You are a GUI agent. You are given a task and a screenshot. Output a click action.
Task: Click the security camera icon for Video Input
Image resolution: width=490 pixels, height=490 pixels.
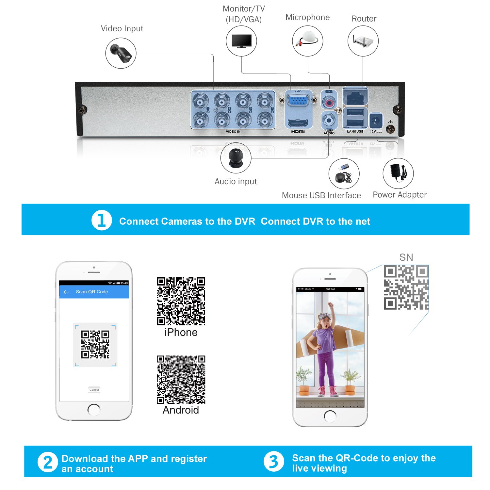coord(121,53)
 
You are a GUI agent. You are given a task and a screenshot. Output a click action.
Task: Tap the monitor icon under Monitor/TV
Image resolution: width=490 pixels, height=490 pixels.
coord(241,41)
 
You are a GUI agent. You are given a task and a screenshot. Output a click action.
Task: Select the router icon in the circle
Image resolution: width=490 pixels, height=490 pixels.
coord(363,41)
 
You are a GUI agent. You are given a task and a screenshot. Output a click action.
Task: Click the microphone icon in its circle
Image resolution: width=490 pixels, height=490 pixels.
coord(307,41)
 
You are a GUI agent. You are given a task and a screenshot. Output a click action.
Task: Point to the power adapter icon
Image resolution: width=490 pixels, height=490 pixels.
coord(398,173)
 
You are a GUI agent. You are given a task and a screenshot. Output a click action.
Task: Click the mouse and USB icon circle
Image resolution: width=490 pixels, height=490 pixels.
coord(344,174)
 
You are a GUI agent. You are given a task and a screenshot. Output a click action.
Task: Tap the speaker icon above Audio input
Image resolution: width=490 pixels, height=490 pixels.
coord(236,158)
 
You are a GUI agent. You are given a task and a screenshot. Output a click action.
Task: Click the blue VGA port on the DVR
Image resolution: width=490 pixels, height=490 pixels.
coord(298,100)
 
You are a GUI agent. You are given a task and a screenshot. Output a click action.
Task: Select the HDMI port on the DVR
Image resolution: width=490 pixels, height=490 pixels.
coord(298,123)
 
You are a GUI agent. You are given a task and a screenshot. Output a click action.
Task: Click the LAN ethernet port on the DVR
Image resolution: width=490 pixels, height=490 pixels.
coord(355,97)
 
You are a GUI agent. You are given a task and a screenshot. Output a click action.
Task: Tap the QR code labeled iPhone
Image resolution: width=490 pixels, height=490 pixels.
coord(181,301)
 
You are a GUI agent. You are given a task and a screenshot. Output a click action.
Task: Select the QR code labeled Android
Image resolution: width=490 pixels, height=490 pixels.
coord(181,380)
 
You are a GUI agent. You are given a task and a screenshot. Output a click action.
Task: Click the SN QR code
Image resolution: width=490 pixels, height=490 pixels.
coord(406,287)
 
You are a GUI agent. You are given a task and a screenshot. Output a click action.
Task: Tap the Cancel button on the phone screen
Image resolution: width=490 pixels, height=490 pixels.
coord(94,390)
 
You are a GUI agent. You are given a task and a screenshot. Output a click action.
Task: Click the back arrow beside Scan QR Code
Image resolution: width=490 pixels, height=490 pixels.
coord(66,292)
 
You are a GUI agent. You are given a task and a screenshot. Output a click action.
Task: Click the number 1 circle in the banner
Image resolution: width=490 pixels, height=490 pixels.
coord(102,220)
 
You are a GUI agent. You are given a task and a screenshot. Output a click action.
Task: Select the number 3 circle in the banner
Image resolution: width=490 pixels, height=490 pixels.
coord(273,462)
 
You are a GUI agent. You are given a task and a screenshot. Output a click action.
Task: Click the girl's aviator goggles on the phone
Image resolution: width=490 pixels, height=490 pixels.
coord(325,316)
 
